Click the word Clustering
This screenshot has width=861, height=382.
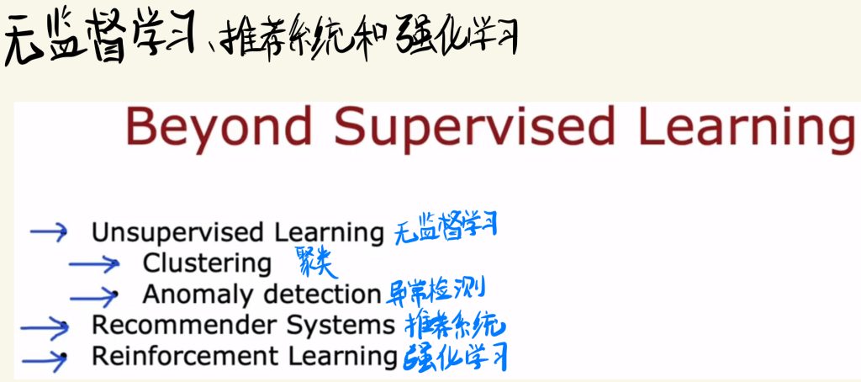tap(207, 264)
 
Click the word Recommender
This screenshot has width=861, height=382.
tap(186, 326)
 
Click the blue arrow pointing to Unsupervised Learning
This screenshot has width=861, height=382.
tap(48, 231)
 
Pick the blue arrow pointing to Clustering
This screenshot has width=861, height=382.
tap(94, 264)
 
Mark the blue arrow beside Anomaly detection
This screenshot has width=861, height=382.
tap(94, 297)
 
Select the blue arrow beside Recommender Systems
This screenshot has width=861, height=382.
tap(45, 328)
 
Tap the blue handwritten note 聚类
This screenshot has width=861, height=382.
tap(316, 263)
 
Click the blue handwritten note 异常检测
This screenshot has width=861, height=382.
tap(435, 293)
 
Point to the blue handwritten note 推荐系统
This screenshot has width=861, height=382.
tap(455, 326)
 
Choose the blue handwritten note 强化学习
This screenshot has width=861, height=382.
tap(455, 357)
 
